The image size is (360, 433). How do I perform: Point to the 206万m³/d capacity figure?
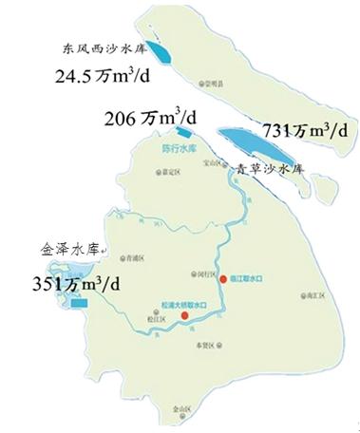coord(155,119)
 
